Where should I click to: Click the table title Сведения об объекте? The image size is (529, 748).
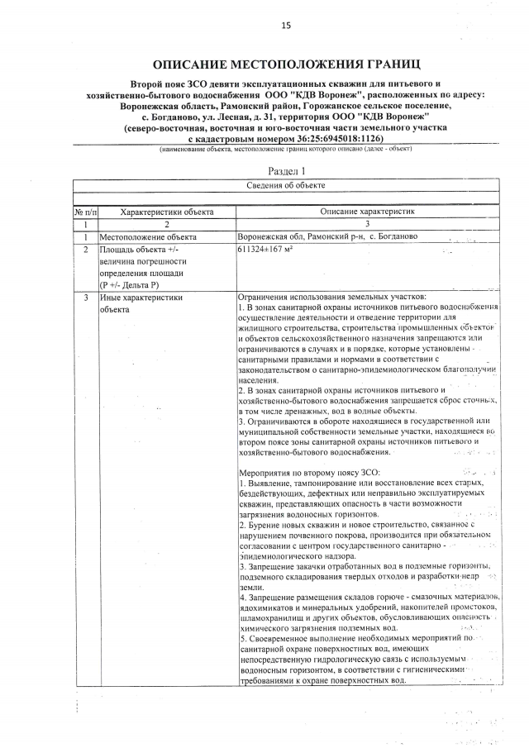285,185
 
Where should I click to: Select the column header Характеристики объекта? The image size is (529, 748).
166,212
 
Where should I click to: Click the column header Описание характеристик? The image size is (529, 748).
366,212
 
